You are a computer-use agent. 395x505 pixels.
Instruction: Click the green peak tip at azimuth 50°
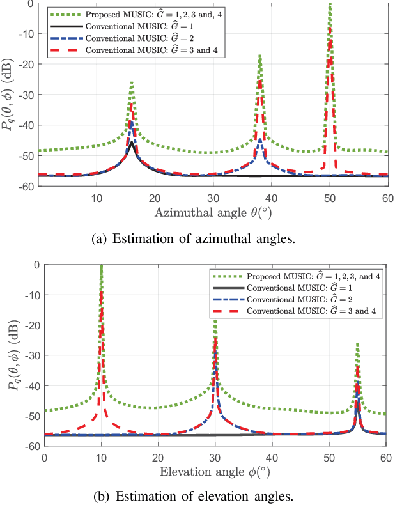pos(330,4)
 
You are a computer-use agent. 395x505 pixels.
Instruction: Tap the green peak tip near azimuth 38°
pos(260,56)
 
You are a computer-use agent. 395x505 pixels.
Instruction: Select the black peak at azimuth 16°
pos(132,143)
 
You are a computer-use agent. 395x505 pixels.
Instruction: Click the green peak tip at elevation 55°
pos(357,344)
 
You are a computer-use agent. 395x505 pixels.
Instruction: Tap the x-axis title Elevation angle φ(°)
pos(215,472)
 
